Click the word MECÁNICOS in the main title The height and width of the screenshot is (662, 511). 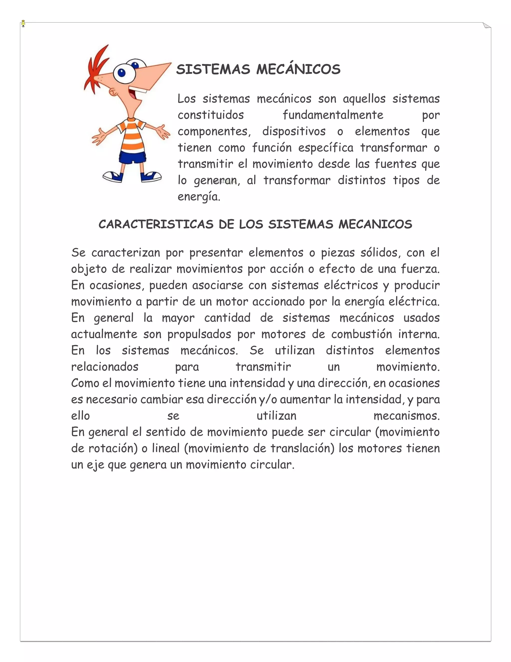tap(298, 69)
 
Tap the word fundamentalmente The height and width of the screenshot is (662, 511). tap(333, 115)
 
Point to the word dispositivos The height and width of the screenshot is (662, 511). tap(294, 132)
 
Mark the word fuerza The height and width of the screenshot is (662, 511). tap(420, 269)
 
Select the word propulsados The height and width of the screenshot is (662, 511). tap(199, 334)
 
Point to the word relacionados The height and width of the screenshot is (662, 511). tap(105, 367)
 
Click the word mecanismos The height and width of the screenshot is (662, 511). tap(406, 416)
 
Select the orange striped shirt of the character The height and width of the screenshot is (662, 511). tap(132, 135)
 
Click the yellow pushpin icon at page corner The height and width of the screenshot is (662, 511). tap(23, 24)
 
